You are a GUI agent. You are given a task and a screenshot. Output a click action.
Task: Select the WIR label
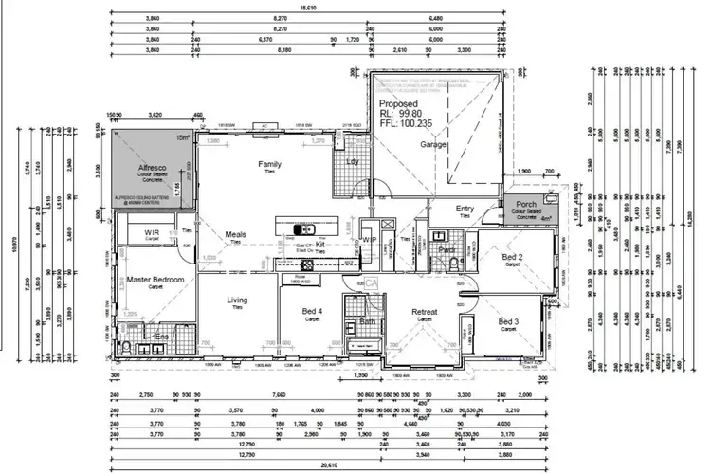pyautogui.click(x=152, y=232)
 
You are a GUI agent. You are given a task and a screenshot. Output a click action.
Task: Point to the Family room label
pyautogui.click(x=270, y=165)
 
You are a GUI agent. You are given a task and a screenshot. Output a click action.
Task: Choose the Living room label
pyautogui.click(x=236, y=300)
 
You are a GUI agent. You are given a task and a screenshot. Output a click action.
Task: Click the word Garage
pyautogui.click(x=434, y=145)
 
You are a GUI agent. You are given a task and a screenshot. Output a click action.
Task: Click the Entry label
pyautogui.click(x=465, y=209)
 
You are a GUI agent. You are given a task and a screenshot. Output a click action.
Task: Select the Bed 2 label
pyautogui.click(x=512, y=257)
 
